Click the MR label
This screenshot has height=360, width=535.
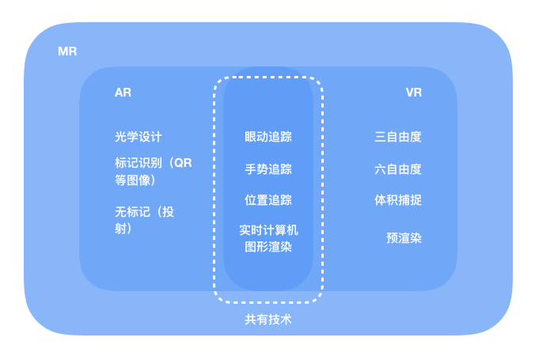pos(67,51)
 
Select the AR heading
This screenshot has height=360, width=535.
pos(123,93)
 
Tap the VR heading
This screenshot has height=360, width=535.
pos(413,93)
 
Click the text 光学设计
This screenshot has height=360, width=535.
pos(138,137)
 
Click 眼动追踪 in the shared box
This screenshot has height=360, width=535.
pos(268,137)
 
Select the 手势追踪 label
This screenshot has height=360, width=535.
pos(268,169)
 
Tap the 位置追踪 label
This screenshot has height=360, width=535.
pos(268,199)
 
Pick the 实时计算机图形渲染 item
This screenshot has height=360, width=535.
pos(268,238)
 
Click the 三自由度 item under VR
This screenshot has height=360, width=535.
pos(398,137)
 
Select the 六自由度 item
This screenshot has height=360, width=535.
pos(398,169)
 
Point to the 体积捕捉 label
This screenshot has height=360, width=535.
pos(398,199)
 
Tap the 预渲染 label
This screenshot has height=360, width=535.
pos(404,237)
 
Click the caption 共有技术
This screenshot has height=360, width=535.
pos(268,320)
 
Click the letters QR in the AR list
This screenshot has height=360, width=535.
pos(183,163)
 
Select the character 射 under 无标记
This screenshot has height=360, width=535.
pos(121,229)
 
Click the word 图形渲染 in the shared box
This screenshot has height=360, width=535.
pos(268,246)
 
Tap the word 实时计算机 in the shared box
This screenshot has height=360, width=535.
pos(268,230)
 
